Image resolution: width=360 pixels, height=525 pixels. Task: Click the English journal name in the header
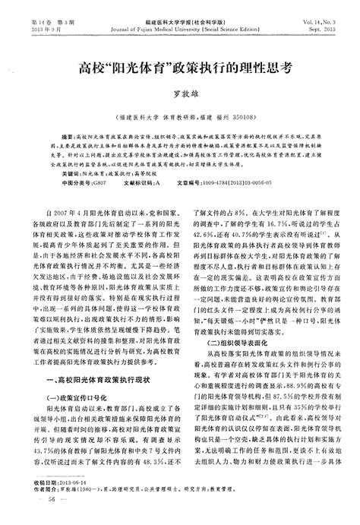tap(180, 24)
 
